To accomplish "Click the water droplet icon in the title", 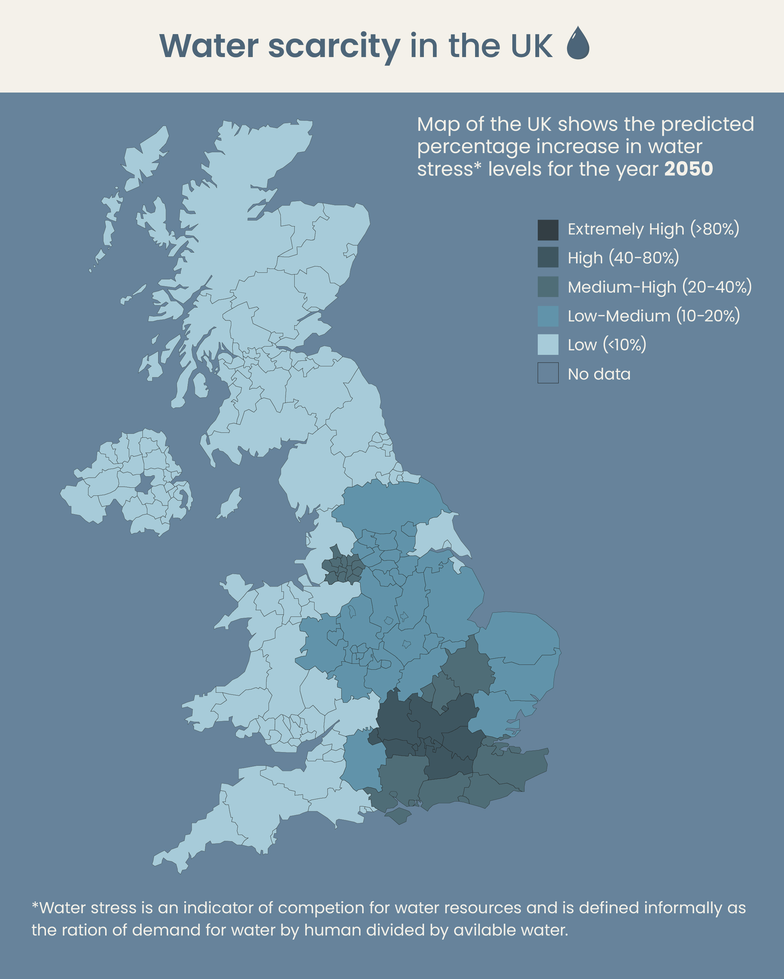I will (578, 43).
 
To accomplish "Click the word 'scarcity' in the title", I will (334, 46).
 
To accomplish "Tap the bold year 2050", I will (688, 169).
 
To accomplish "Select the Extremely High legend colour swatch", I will (548, 230).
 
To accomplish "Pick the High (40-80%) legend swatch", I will (548, 257).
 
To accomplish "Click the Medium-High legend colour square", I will (548, 287).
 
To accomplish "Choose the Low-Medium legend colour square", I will (548, 316).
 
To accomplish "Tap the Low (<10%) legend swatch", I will (548, 345).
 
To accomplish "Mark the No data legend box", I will (548, 373).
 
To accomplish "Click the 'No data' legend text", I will (599, 374).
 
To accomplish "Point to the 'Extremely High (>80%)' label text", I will (653, 229).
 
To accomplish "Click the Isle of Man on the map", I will (230, 503).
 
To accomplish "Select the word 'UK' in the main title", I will (531, 46).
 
